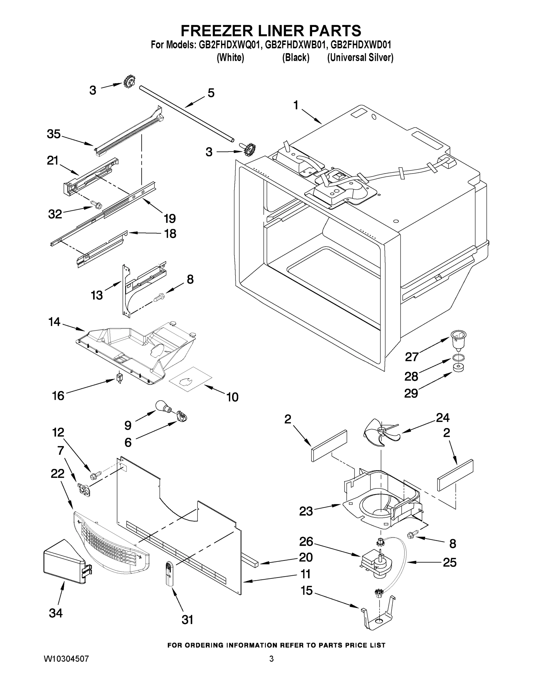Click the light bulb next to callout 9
[162, 405]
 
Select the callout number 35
[54, 134]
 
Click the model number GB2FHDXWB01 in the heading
[295, 45]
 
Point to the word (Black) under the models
[295, 58]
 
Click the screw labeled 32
[96, 204]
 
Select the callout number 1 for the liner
[295, 105]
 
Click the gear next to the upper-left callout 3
[129, 82]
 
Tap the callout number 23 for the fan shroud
[306, 511]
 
